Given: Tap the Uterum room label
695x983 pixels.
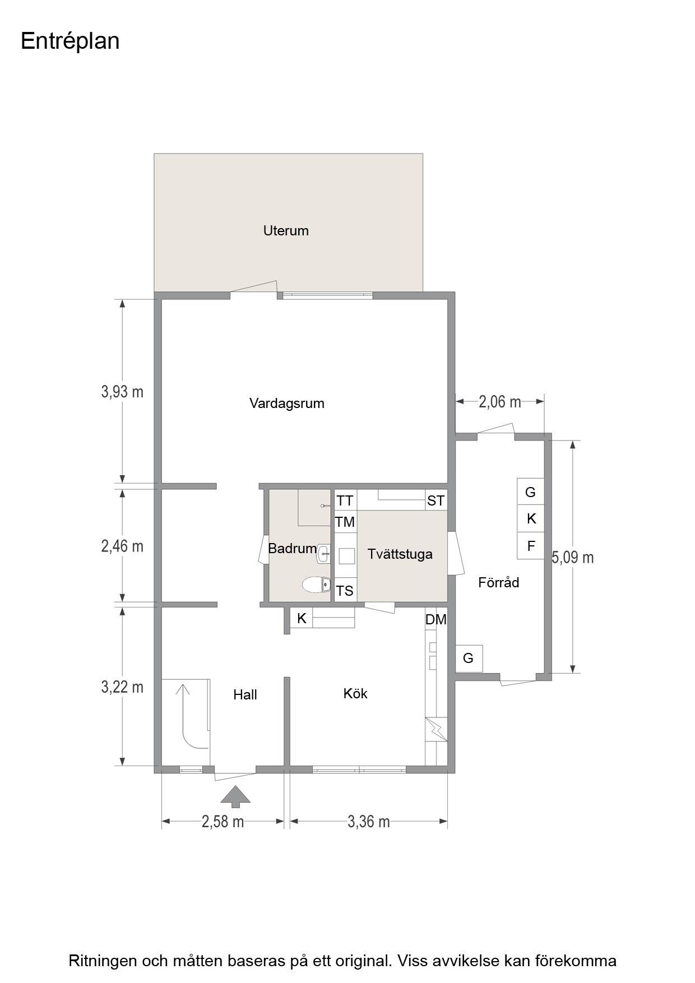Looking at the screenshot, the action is (x=286, y=230).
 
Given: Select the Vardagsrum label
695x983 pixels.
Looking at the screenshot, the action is (x=287, y=404).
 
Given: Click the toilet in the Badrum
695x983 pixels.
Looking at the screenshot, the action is (x=316, y=585).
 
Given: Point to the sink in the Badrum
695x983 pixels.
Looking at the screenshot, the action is (x=323, y=554).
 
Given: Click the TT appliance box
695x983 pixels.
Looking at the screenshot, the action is (x=345, y=500).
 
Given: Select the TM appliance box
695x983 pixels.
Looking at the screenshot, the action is (x=345, y=522).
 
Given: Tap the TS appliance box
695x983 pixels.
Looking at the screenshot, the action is (x=345, y=591).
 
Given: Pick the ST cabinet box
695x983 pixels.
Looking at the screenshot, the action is (x=435, y=500).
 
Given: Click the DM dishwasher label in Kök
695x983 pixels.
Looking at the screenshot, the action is (x=436, y=619).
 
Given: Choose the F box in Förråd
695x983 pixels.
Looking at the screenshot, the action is (x=531, y=546).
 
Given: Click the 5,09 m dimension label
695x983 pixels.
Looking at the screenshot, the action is (x=573, y=558).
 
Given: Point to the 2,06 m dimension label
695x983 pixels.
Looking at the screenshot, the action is (x=499, y=402).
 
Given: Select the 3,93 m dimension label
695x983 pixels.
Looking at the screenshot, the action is (x=122, y=392).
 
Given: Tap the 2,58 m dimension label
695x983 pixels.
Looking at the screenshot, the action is (x=223, y=822).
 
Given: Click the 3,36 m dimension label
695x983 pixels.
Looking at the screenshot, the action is (x=368, y=822).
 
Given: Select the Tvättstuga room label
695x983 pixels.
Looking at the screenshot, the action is (x=400, y=554).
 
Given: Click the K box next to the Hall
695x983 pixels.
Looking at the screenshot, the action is (x=302, y=618).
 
